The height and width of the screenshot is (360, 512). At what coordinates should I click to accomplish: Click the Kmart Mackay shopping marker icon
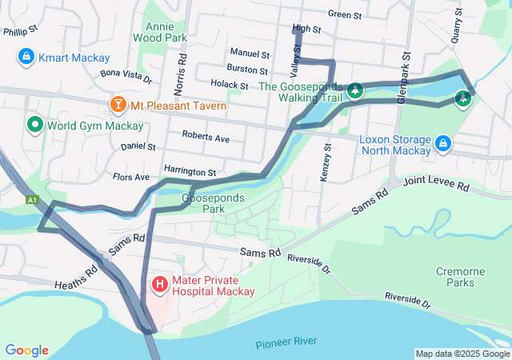click(26, 58)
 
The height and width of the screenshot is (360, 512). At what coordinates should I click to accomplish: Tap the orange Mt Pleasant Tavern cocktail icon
click(118, 105)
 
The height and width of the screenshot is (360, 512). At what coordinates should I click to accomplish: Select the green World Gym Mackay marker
click(34, 125)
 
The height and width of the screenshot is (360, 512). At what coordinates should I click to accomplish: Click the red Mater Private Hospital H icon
click(159, 283)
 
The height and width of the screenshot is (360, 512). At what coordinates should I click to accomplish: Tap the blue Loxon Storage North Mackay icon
click(442, 144)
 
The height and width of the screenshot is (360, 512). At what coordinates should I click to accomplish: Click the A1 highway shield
click(32, 199)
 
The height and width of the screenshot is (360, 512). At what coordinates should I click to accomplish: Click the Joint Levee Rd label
click(436, 185)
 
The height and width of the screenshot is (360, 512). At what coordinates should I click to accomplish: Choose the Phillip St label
click(21, 31)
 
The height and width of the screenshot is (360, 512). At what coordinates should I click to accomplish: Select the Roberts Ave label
click(206, 138)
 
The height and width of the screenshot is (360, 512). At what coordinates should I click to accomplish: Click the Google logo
click(26, 350)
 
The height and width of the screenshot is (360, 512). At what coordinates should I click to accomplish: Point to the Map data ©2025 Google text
click(462, 354)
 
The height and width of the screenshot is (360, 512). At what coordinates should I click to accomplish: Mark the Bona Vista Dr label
click(126, 76)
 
